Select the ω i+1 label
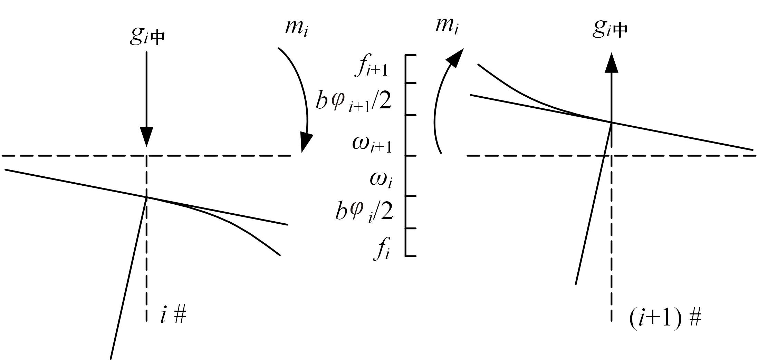pos(372,144)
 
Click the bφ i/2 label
pos(364,211)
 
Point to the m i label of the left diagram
pos(296,28)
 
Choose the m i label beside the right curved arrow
pos(447,25)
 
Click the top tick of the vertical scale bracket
pos(411,55)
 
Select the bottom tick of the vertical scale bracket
pos(411,256)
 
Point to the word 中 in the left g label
pos(158,38)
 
